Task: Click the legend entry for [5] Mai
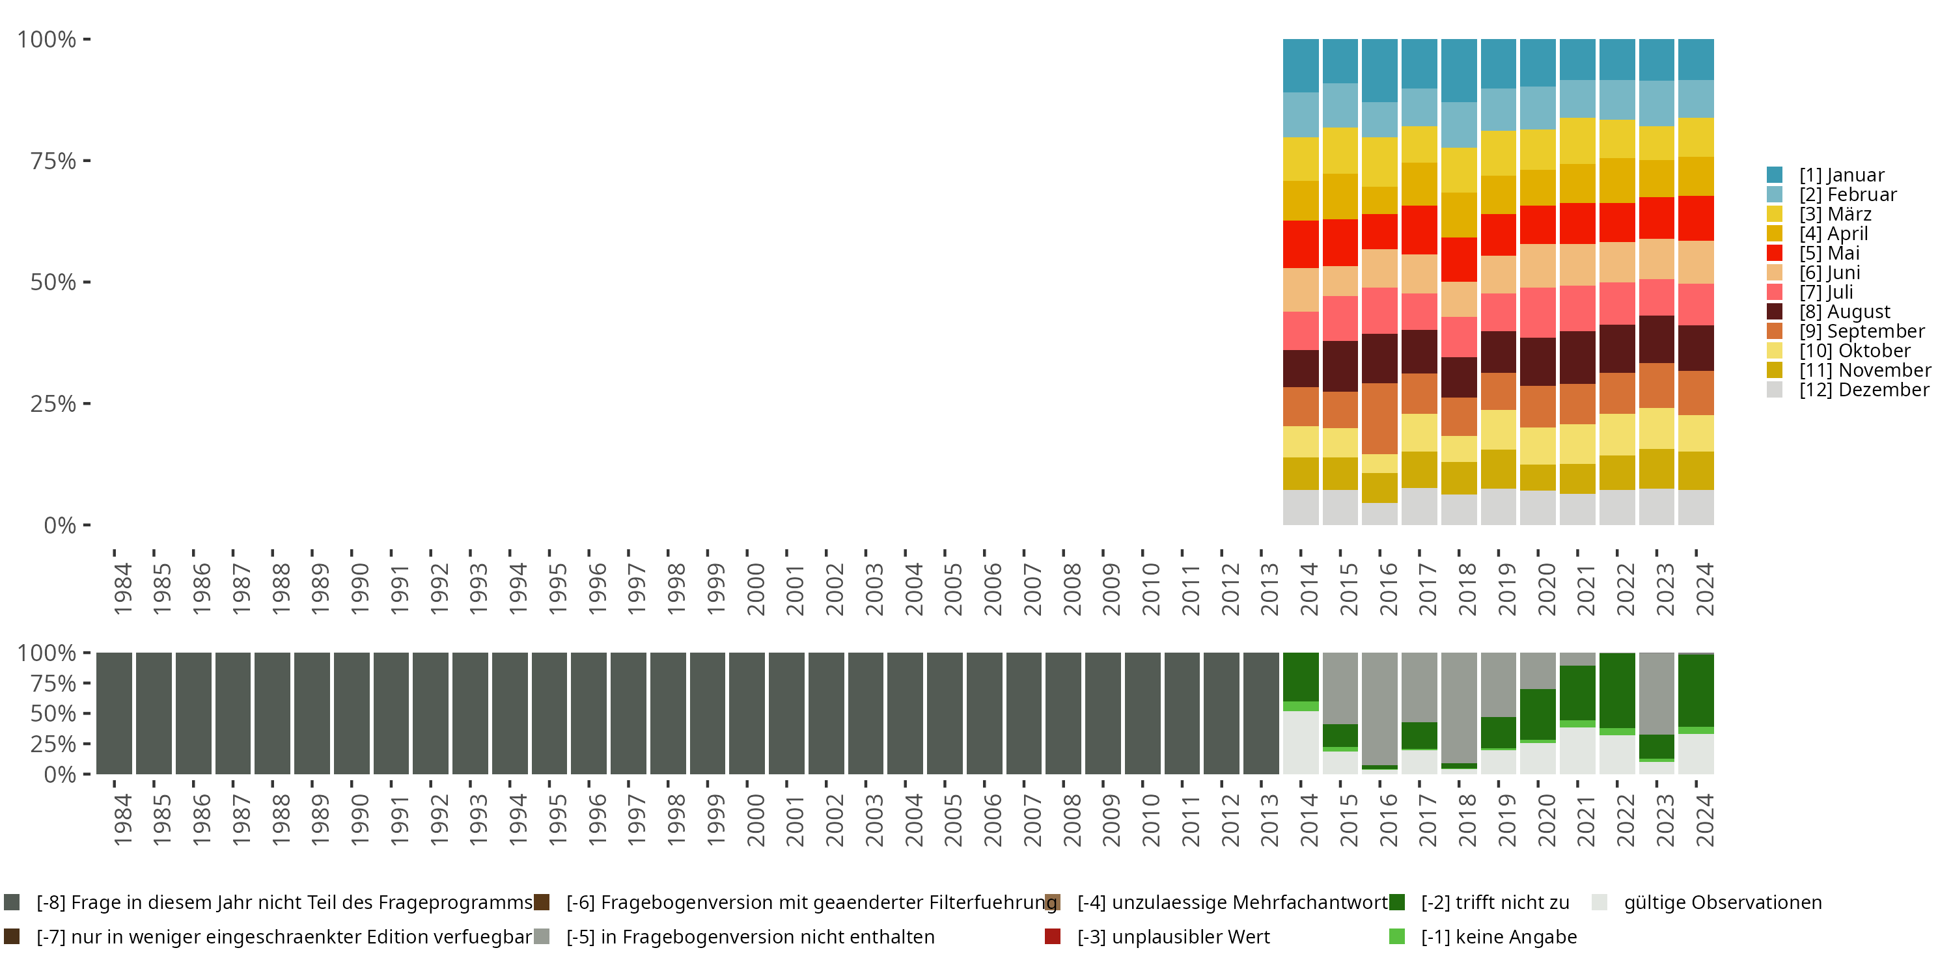(x=1828, y=253)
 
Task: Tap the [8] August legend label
(x=1844, y=312)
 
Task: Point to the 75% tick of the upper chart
(x=53, y=161)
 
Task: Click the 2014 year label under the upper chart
(x=1309, y=590)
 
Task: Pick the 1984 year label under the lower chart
(x=123, y=820)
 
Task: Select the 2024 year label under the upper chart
(x=1704, y=590)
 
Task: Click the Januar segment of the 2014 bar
(x=1300, y=65)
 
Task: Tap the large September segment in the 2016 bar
(x=1379, y=418)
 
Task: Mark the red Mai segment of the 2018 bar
(x=1459, y=259)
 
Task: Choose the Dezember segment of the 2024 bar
(x=1696, y=507)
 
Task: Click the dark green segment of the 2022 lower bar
(x=1617, y=690)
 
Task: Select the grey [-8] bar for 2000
(x=747, y=713)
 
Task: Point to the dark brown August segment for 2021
(x=1577, y=357)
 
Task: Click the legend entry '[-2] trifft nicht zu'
(x=1493, y=902)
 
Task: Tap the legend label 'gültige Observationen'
(x=1721, y=902)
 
